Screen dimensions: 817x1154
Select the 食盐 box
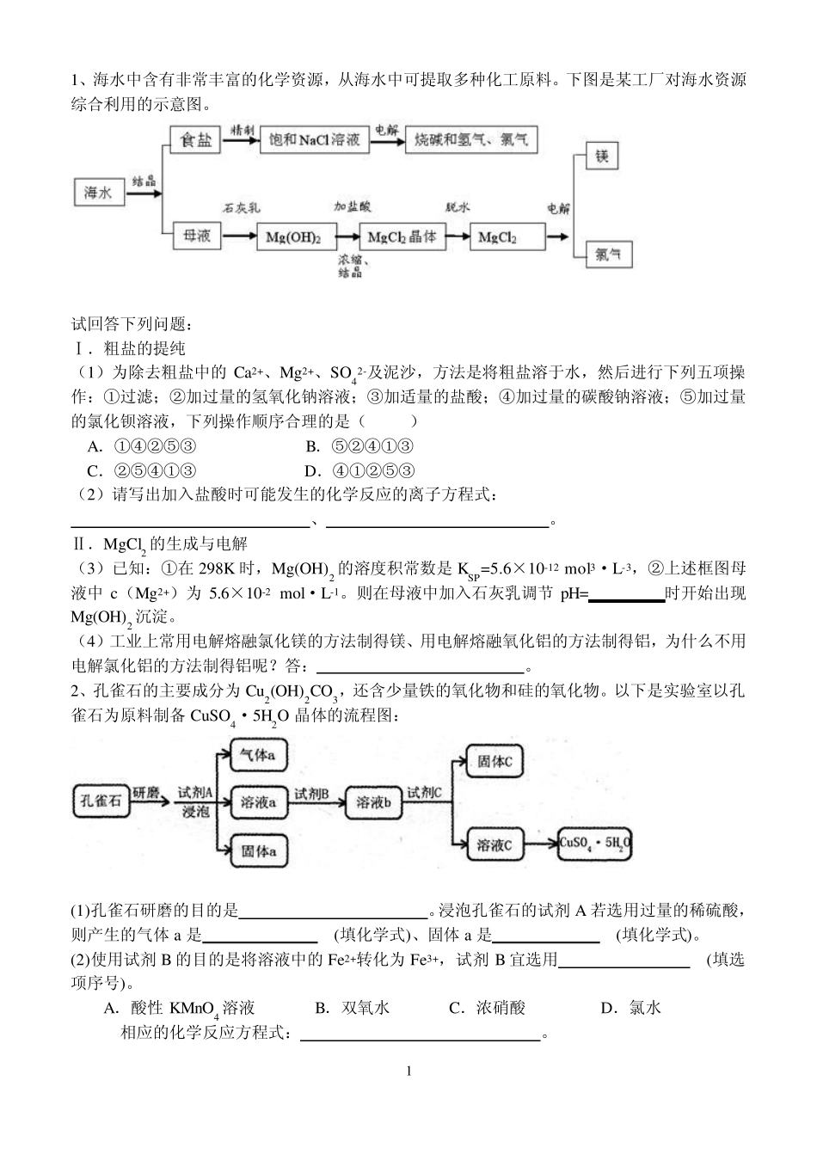(x=196, y=139)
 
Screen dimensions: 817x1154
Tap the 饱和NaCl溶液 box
(x=313, y=139)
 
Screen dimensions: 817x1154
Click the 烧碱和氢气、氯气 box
(x=471, y=139)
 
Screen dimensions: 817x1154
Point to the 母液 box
(x=196, y=235)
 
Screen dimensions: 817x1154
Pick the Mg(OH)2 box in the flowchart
(x=293, y=236)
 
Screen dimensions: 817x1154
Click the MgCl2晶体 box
(x=402, y=236)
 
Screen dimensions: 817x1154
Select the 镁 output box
(x=601, y=157)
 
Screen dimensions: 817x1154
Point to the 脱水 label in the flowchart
(x=458, y=208)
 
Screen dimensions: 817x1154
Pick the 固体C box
(x=494, y=761)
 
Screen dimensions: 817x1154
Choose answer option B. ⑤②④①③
(x=359, y=445)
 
